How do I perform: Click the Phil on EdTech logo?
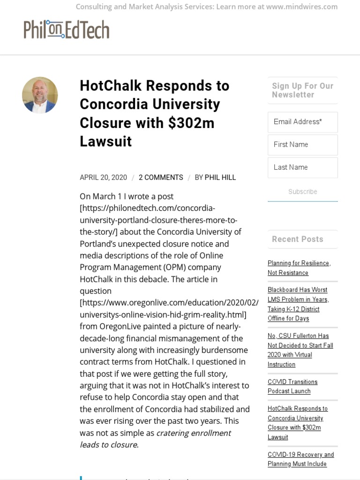pos(67,30)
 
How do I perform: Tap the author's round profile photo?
pos(40,95)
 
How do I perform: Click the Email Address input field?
pos(302,122)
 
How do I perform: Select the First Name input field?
pos(302,145)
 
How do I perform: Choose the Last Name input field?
pos(302,167)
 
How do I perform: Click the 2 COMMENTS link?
pos(161,178)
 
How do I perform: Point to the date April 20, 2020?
pos(103,178)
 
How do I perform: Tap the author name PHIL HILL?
pos(220,178)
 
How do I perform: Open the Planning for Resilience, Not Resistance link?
pos(299,268)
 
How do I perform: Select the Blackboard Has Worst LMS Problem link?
pos(298,304)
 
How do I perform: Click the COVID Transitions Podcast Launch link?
pos(292,387)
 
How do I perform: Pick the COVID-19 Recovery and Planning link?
pos(300,459)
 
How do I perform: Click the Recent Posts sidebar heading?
pos(298,239)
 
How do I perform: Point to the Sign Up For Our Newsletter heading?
pos(302,90)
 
